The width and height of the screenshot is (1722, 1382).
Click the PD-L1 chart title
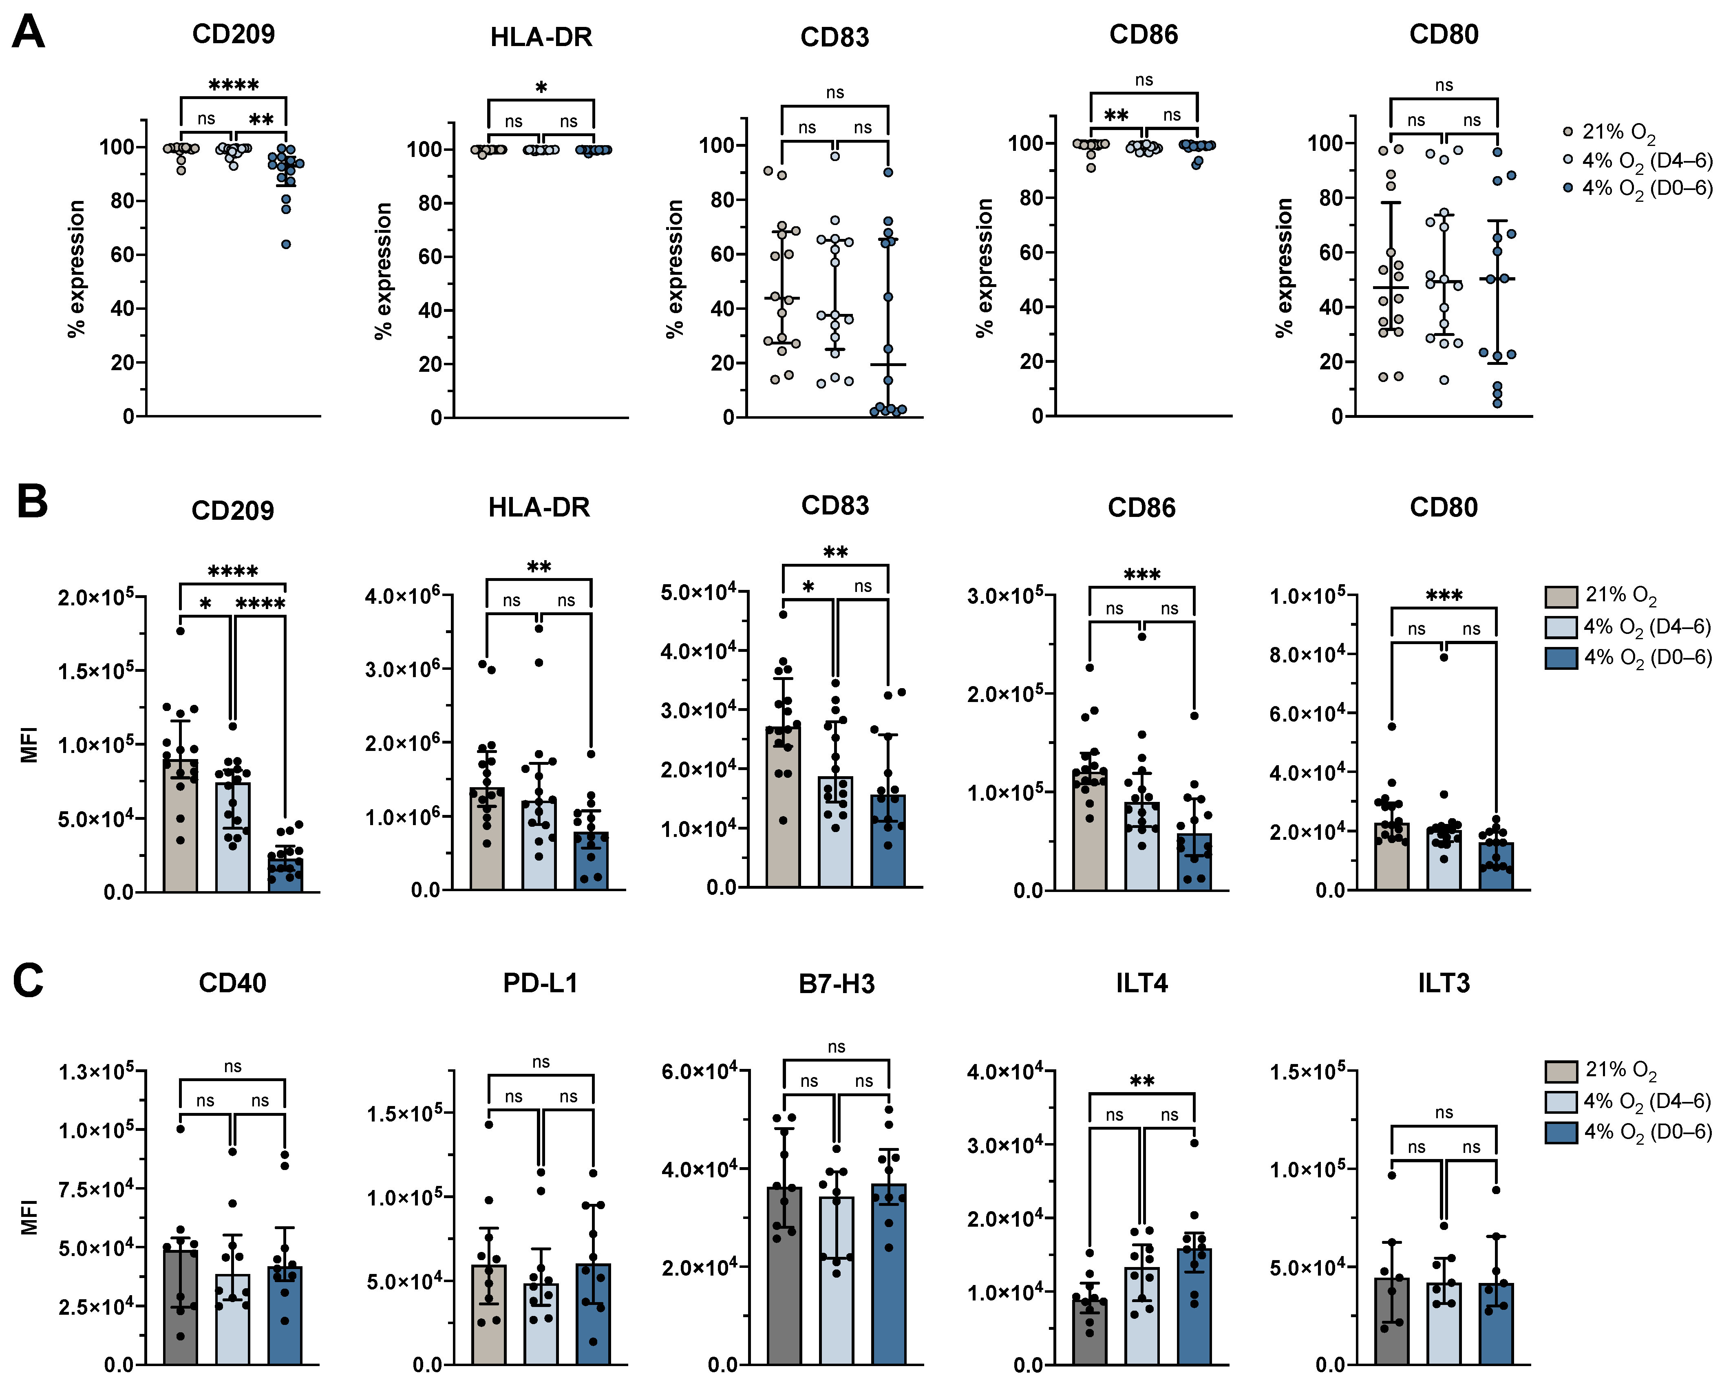pos(540,982)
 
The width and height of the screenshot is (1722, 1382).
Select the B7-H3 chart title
pos(836,983)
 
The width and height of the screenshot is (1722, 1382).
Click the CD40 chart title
pos(232,982)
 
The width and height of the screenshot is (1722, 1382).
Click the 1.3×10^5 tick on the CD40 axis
pos(96,1071)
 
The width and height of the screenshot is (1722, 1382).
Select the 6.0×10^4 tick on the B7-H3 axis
pos(699,1071)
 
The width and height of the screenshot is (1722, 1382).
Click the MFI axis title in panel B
pos(29,744)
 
